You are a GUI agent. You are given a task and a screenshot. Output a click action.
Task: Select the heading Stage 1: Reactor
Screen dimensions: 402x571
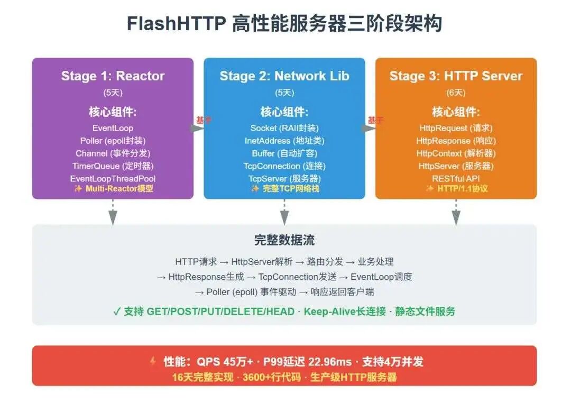tap(113, 76)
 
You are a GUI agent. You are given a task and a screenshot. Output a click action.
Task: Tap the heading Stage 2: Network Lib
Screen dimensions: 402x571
tap(284, 76)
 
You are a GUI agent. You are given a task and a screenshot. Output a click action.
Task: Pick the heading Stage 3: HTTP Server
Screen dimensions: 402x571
tap(456, 76)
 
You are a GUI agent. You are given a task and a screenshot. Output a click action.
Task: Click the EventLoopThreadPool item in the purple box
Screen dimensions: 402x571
tap(113, 179)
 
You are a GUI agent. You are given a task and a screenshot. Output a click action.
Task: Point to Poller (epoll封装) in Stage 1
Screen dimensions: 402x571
tap(113, 141)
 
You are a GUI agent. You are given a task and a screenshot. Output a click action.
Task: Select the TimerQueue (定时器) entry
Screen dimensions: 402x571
tap(113, 166)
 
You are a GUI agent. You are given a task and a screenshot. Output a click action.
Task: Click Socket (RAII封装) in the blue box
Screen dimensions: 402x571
tap(284, 128)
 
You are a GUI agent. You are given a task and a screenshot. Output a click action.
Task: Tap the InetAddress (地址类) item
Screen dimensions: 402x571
tap(284, 141)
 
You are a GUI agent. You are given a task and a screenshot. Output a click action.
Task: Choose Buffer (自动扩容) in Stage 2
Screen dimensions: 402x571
tap(284, 153)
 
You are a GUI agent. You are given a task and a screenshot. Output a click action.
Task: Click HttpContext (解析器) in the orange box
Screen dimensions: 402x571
tap(456, 153)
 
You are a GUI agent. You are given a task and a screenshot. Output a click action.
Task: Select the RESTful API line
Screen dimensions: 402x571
tap(456, 179)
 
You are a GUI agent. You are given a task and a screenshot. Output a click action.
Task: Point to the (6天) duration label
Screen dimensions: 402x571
tap(456, 93)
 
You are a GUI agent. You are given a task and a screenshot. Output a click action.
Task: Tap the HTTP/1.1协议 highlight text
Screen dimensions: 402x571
tap(461, 188)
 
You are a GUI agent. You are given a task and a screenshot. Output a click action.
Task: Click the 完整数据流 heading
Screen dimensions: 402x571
tap(284, 240)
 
